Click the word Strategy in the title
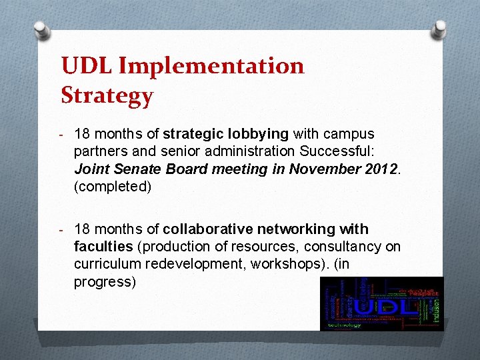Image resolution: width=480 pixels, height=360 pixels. click(107, 96)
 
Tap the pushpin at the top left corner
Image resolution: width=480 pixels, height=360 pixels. click(41, 29)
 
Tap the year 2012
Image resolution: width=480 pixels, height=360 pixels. click(381, 169)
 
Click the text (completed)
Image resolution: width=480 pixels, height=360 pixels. click(113, 187)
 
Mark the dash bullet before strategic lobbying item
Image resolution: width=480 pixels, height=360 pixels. click(61, 134)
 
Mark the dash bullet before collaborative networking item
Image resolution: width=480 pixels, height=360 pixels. click(61, 229)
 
